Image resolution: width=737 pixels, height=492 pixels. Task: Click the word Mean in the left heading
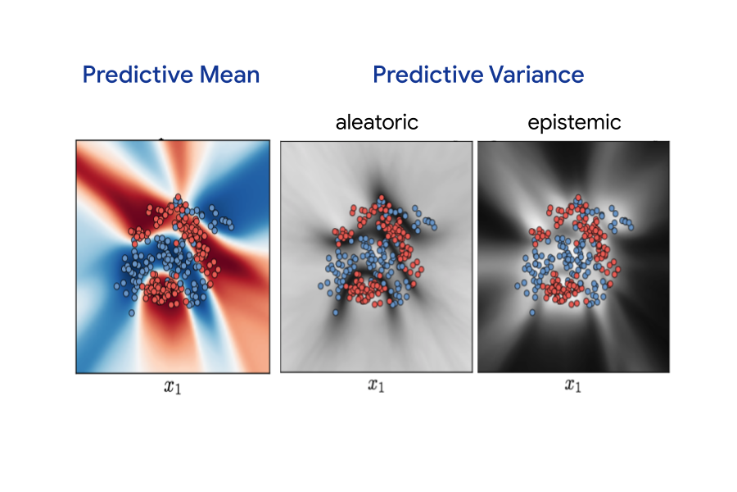pos(229,75)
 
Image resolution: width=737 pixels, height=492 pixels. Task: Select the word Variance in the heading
pos(536,75)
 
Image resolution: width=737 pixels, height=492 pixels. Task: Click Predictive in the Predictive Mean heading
pos(138,75)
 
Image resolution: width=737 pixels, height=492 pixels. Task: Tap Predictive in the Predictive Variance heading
pos(427,75)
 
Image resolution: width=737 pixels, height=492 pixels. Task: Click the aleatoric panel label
pos(377,122)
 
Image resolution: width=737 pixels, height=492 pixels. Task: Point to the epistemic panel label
pos(574,123)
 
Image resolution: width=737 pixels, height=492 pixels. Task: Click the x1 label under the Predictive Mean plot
pos(173,387)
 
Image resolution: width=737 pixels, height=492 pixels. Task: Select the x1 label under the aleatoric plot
pos(376,385)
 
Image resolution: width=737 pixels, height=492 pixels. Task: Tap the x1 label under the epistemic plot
pos(573,385)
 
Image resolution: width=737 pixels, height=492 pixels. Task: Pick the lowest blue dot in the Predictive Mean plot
pos(132,312)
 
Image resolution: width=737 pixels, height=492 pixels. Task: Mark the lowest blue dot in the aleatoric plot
pos(336,312)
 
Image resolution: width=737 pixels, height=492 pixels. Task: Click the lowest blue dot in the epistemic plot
pos(532,312)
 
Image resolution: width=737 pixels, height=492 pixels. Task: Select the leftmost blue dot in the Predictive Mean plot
pos(116,286)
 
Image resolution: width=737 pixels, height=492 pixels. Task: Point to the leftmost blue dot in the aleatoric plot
pos(320,285)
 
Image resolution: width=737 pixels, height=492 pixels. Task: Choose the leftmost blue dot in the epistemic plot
pos(517,285)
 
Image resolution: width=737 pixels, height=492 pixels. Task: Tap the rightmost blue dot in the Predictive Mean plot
pos(231,227)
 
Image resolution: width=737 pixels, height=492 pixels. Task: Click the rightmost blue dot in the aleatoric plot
pos(434,227)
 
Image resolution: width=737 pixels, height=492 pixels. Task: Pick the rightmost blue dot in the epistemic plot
pos(631,227)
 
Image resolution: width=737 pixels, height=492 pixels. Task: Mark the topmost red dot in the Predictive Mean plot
pos(178,197)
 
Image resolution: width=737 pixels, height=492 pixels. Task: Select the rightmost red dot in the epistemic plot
pos(617,270)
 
